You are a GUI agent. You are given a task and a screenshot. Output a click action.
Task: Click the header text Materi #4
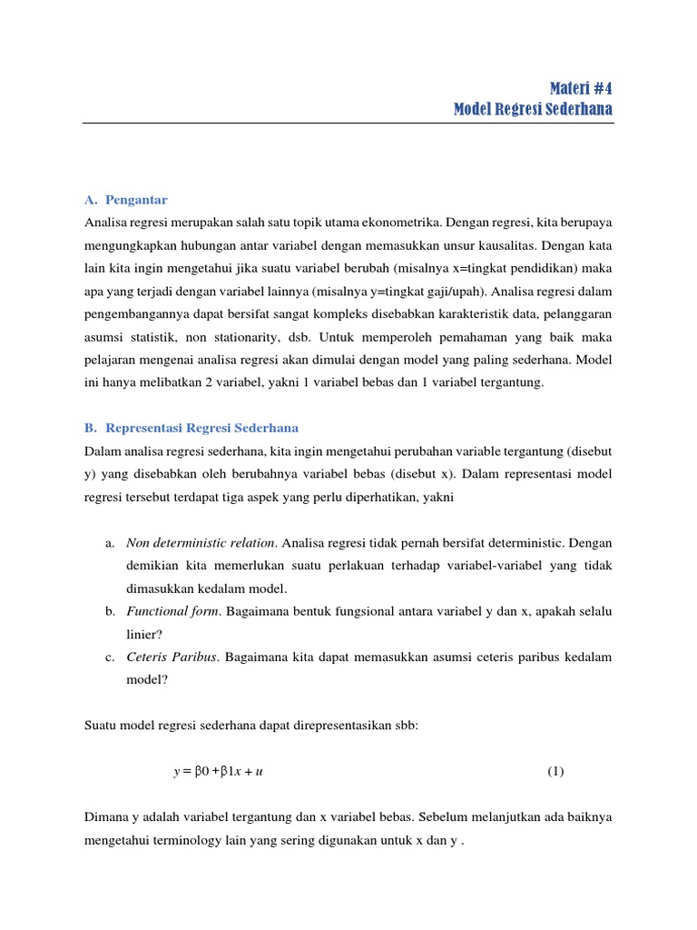581,88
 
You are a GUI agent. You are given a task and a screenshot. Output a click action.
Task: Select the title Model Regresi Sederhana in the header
533,110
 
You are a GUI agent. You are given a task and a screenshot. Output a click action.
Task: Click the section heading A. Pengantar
125,200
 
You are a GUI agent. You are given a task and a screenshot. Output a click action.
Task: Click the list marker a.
109,543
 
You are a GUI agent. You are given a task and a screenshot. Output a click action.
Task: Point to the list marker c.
109,657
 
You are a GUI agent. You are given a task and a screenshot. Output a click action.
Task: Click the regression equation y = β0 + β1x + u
218,772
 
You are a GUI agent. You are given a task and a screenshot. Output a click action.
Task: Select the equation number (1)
555,772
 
